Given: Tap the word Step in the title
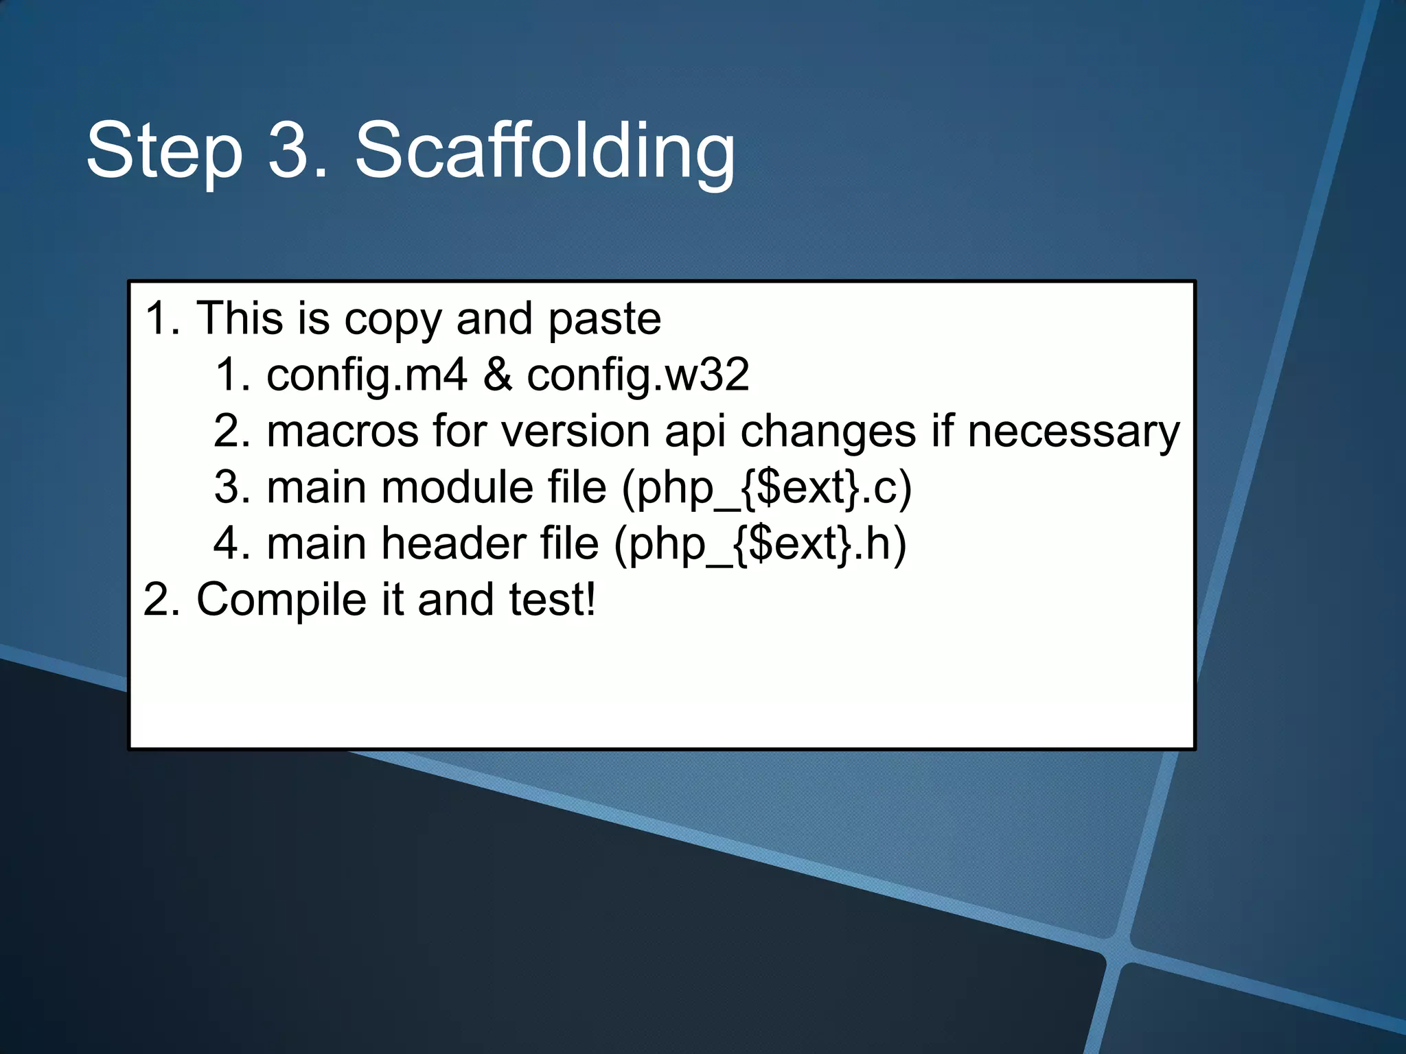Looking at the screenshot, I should coord(164,152).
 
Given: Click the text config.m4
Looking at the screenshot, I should coord(367,376).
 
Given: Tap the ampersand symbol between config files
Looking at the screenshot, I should coord(497,375).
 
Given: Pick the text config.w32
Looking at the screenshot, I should coord(638,376).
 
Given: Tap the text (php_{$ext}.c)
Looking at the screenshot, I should coord(766,489).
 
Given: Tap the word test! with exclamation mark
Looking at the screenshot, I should coord(552,600).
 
